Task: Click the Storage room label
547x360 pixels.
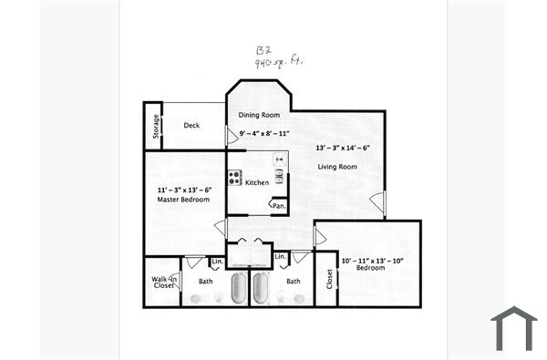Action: (158, 125)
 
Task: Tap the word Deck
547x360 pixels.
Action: (191, 126)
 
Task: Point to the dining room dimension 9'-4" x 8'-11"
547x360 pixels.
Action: (259, 135)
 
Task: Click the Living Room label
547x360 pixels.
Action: (336, 167)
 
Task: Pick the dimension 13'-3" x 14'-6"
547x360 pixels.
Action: (343, 148)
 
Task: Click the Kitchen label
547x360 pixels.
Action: (256, 183)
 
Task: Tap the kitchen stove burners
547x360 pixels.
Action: (234, 177)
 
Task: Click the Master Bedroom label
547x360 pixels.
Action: (179, 200)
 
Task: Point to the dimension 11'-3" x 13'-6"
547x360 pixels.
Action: (179, 190)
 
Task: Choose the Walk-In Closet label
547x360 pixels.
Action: (163, 283)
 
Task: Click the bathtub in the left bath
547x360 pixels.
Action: (240, 288)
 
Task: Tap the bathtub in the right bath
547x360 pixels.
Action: (262, 288)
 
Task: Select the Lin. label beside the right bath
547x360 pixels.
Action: (281, 259)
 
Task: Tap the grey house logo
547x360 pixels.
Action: (514, 328)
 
